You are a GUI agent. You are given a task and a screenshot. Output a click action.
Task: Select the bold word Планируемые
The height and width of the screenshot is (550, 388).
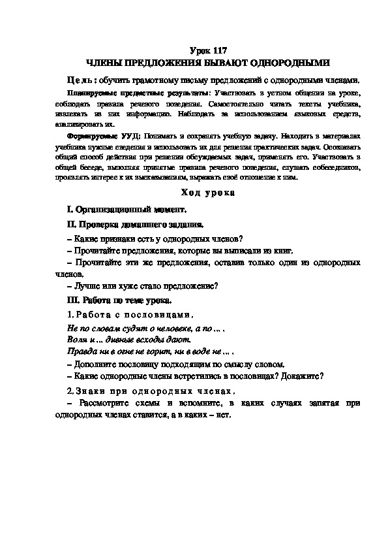[91, 94]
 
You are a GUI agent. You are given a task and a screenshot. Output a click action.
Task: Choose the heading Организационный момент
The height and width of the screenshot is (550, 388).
[131, 210]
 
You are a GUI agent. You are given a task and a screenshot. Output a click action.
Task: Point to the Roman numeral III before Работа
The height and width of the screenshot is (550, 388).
[72, 300]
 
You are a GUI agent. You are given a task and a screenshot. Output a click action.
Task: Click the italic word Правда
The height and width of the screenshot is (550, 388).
[82, 352]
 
